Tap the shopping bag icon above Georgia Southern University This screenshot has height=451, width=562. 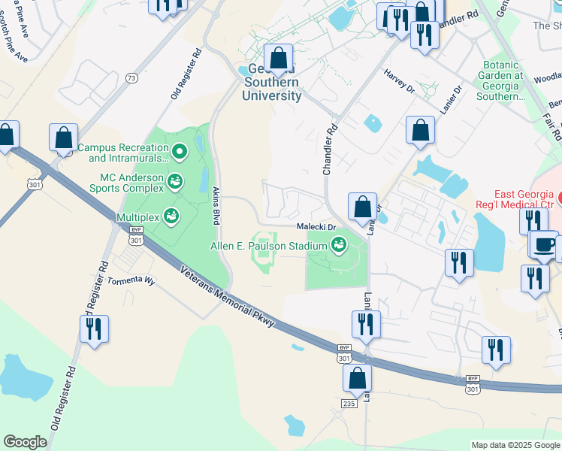coord(279,58)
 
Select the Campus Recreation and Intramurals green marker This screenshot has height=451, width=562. coord(180,153)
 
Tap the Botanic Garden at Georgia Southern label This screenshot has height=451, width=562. coord(501,81)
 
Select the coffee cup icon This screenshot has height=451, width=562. coord(544,244)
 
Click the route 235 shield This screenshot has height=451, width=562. coord(348,404)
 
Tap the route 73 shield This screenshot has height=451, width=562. coord(131,77)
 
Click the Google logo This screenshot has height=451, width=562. coord(25,442)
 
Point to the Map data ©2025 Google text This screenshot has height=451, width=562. coord(515,445)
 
